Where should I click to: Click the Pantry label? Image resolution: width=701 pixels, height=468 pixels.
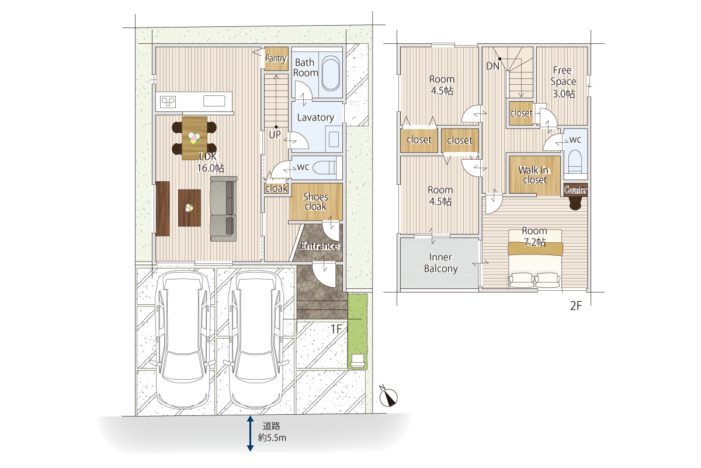point(276,58)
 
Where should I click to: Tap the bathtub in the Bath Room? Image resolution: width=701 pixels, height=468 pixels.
point(331,74)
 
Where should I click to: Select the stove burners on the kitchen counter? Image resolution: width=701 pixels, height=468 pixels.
point(168,102)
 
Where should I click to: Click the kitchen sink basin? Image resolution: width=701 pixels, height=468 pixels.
point(214,101)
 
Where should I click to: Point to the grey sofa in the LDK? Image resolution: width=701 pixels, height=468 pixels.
point(224,209)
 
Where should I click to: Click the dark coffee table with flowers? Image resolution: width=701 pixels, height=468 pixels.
point(189,208)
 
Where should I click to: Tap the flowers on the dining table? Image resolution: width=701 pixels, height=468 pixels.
point(194,138)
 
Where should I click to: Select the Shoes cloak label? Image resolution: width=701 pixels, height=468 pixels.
point(315,202)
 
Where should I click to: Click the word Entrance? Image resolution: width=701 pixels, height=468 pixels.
point(320,246)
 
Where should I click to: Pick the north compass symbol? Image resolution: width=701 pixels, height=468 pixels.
point(388,397)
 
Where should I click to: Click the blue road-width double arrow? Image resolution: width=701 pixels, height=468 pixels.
point(250,433)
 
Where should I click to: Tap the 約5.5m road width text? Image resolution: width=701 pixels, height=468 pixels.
point(272,438)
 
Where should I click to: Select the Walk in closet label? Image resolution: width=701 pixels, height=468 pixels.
point(535,175)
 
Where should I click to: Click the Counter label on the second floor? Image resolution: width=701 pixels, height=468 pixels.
point(575,190)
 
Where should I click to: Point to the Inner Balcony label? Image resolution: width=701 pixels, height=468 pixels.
point(440,263)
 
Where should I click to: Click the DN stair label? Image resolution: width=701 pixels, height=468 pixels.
point(492,66)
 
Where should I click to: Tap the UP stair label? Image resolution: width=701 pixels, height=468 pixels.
point(275,135)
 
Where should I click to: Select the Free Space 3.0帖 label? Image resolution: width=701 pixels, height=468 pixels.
point(563,82)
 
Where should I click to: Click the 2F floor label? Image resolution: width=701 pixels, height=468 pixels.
point(576,306)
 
